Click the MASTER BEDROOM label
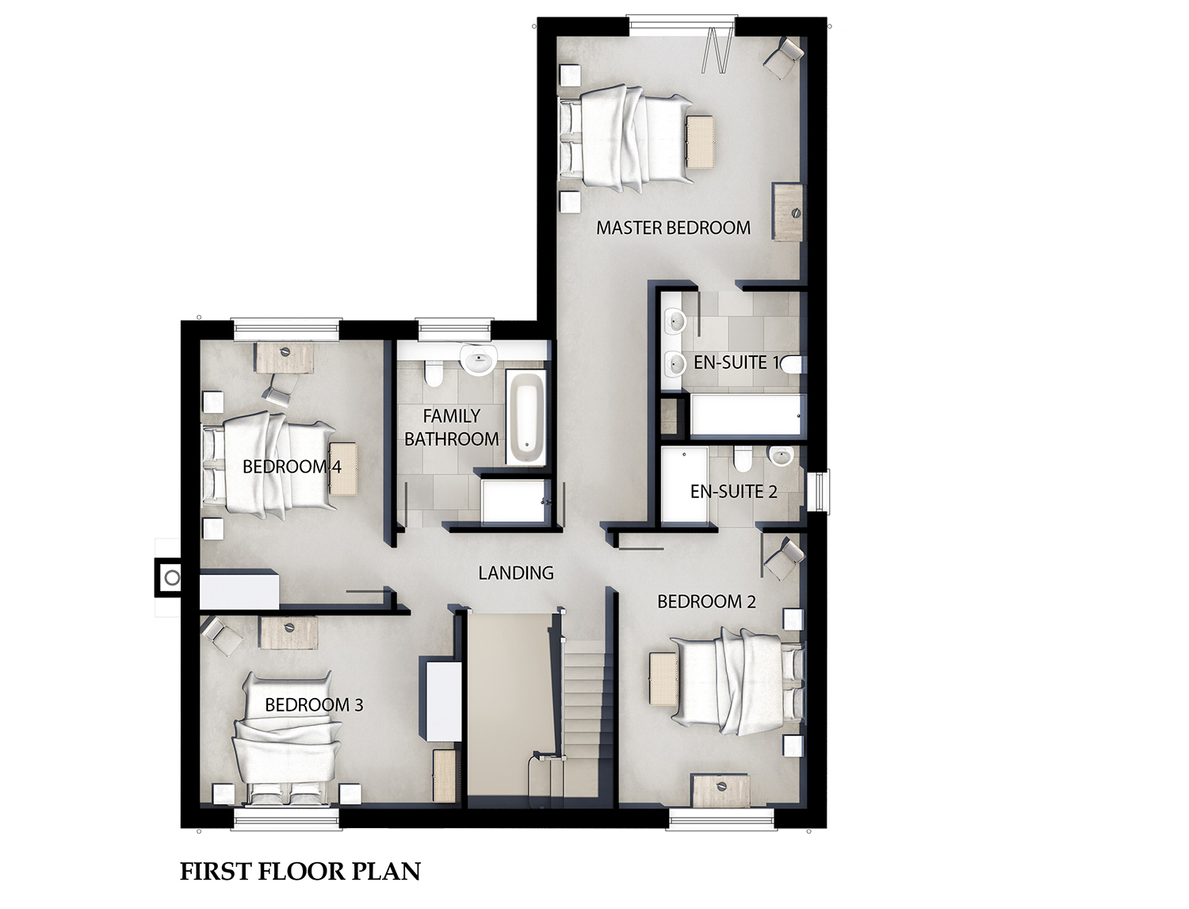click(x=673, y=228)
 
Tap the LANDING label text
click(x=516, y=573)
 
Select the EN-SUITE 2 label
click(x=733, y=492)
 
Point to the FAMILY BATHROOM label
click(x=451, y=427)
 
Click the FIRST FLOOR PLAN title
click(x=300, y=872)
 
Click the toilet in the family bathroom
click(x=434, y=372)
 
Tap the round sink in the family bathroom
click(x=478, y=359)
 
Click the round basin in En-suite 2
click(x=781, y=456)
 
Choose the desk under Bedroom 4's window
click(x=285, y=357)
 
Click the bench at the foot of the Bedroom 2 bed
click(x=663, y=680)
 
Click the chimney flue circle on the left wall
click(x=172, y=577)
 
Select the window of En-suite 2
click(x=822, y=492)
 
